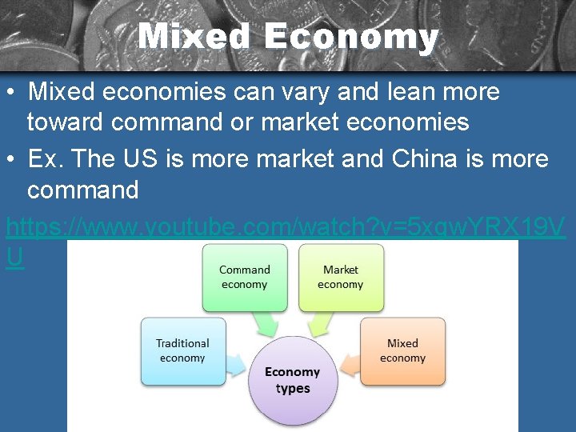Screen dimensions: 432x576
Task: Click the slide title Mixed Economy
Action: point(288,37)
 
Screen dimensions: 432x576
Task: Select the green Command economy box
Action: point(245,277)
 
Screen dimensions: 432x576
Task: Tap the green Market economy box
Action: point(341,277)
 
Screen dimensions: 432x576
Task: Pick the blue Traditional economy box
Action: point(183,350)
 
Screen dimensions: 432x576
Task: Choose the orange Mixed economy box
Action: point(402,350)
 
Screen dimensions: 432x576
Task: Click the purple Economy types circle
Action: point(292,380)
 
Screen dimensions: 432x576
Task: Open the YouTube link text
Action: point(286,229)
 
